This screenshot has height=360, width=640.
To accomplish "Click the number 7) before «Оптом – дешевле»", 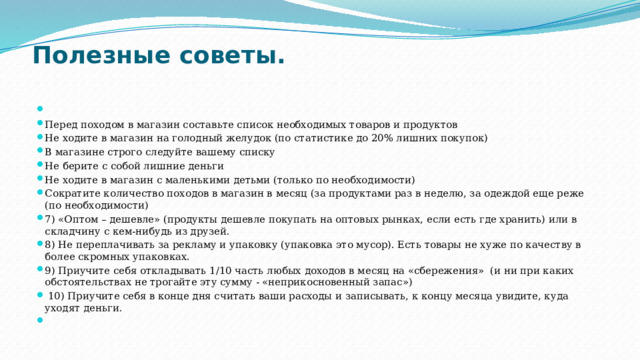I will (x=51, y=220).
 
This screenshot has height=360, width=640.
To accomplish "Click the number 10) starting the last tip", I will (x=56, y=296).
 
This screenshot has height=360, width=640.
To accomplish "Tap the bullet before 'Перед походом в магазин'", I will (x=37, y=124).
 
